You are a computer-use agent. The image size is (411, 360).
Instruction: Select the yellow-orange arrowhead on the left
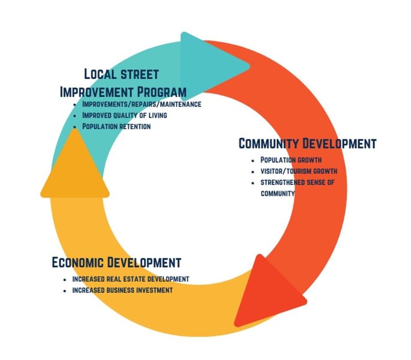coord(75,171)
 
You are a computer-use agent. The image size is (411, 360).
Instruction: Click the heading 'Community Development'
coord(307,143)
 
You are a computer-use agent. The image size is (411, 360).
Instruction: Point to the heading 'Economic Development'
coord(116,262)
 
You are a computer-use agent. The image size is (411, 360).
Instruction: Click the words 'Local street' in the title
coord(122,74)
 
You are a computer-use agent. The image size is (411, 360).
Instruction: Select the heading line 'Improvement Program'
coord(123,92)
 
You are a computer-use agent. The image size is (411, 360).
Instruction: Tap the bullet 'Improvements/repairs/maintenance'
coord(141,104)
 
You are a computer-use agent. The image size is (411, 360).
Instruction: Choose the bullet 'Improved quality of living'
coord(125,115)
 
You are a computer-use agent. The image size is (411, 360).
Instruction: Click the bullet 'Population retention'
coord(116,126)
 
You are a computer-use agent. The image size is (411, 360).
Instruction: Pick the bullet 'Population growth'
coord(291,160)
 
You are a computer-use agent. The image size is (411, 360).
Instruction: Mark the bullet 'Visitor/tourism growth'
coord(299,171)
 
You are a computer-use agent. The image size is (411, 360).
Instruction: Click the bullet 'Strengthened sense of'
coord(298,182)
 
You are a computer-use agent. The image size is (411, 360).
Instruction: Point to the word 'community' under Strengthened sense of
coord(278,193)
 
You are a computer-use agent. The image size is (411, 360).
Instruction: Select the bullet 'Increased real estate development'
coord(131,279)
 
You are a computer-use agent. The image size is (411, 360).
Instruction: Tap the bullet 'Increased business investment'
coord(122,290)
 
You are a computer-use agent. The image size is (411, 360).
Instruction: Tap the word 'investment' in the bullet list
coord(152,290)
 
